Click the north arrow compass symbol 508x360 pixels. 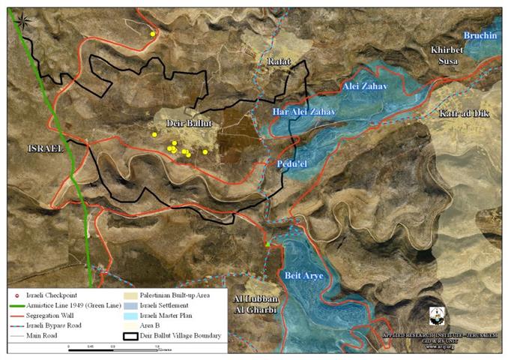pyautogui.click(x=23, y=19)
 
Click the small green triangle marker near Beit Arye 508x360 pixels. pyautogui.click(x=267, y=244)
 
